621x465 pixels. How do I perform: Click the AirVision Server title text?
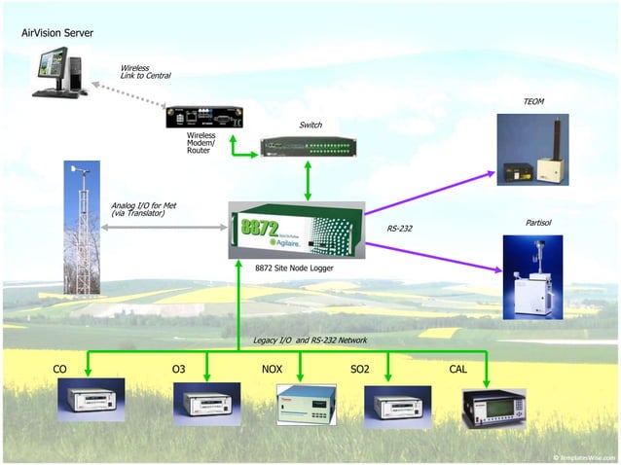coord(57,33)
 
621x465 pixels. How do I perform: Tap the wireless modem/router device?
coord(204,116)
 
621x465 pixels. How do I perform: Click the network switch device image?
coord(309,147)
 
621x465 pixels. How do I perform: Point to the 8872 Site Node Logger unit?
coord(296,231)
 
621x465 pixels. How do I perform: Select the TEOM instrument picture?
coord(532,150)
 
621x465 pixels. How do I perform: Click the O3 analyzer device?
coord(206,403)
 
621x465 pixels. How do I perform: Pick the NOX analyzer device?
coord(306,405)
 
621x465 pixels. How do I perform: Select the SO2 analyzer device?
coord(397,406)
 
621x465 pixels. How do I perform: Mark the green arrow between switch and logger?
coord(309,181)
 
